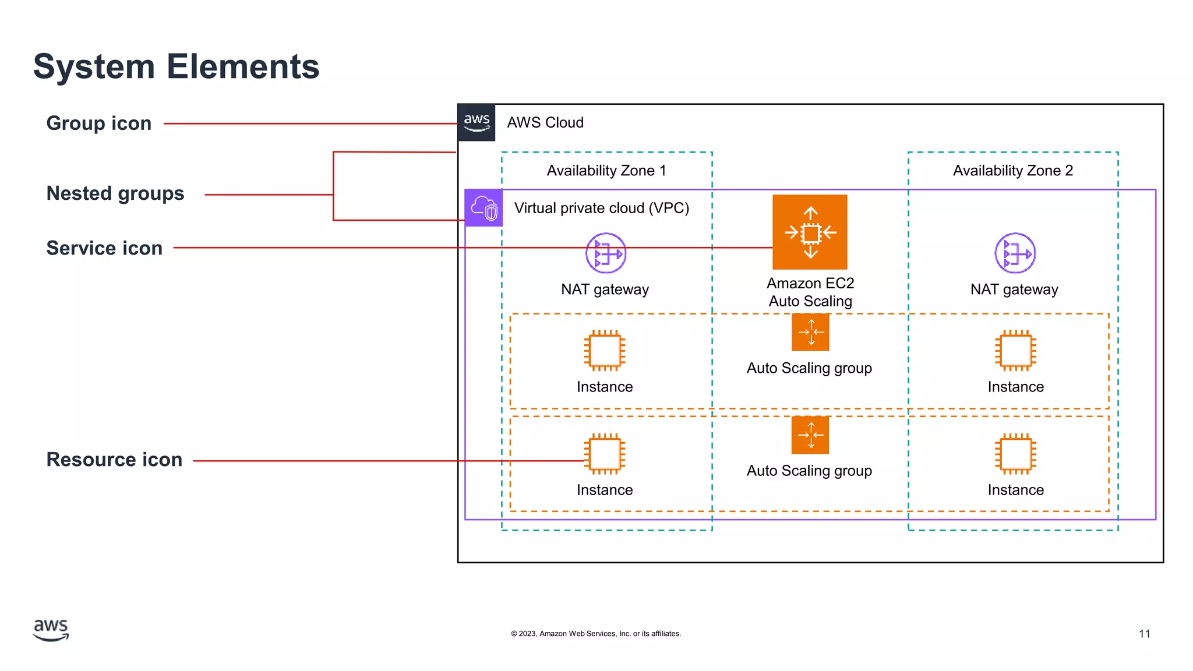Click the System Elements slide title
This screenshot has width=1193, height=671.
pos(176,66)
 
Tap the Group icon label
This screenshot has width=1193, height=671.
pos(98,123)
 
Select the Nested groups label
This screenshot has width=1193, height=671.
pos(115,193)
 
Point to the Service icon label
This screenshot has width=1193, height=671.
pos(104,248)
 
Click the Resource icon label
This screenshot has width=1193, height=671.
pos(114,460)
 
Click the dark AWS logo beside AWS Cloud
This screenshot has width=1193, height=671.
pos(477,122)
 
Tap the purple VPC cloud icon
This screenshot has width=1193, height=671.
pos(483,208)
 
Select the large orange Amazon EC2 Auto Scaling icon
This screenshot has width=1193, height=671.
pos(810,232)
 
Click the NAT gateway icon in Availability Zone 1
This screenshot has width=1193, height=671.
pos(605,253)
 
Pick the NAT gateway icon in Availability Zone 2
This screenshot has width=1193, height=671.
pos(1015,253)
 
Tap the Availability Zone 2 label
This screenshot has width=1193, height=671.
pos(1012,171)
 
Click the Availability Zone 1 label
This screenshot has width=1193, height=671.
pos(606,171)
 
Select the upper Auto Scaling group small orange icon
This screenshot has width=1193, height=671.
pos(810,332)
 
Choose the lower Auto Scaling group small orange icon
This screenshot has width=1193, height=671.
pos(810,435)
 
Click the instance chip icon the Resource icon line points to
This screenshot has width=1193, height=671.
pos(605,454)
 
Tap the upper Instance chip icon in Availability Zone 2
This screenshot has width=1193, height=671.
pos(1015,351)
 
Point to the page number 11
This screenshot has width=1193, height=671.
pos(1144,634)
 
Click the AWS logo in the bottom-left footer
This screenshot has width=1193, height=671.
pos(51,630)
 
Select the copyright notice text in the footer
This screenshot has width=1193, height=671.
pos(595,634)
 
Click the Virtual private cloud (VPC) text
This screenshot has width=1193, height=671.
pos(601,208)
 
